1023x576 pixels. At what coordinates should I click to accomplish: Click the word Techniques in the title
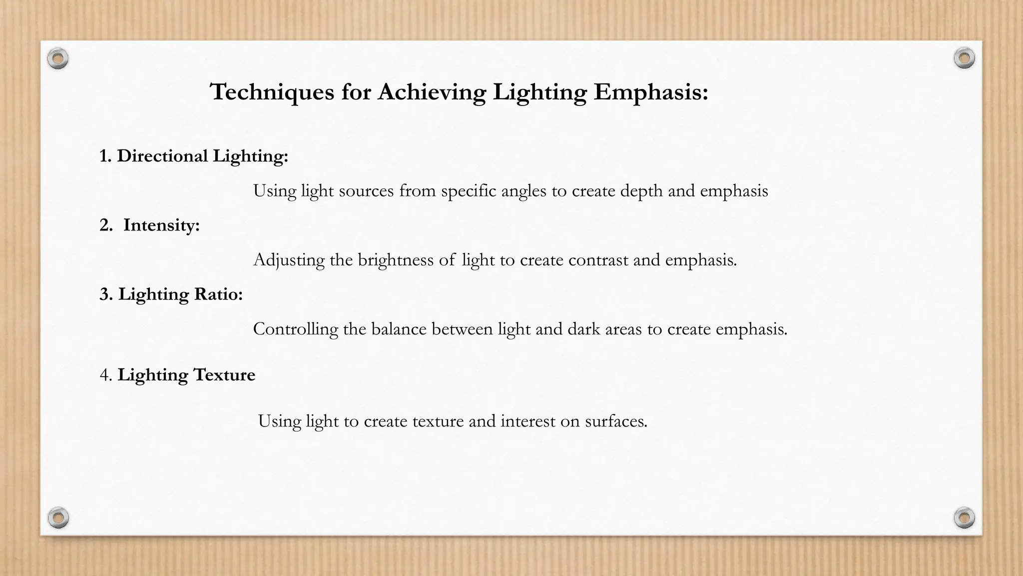click(272, 92)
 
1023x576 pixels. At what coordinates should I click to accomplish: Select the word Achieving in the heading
click(432, 92)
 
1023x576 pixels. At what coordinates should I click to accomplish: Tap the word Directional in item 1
click(162, 156)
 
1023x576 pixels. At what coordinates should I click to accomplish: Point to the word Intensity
click(161, 225)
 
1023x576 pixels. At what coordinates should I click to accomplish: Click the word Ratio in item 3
click(218, 294)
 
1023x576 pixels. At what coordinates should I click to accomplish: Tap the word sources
click(366, 190)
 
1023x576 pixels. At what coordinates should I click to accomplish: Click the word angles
click(523, 191)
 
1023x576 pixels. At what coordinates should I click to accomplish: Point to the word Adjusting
click(289, 260)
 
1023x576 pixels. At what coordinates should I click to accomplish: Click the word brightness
click(396, 260)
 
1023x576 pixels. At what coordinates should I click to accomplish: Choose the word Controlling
click(295, 329)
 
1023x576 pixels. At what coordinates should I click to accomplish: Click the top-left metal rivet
click(58, 59)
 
